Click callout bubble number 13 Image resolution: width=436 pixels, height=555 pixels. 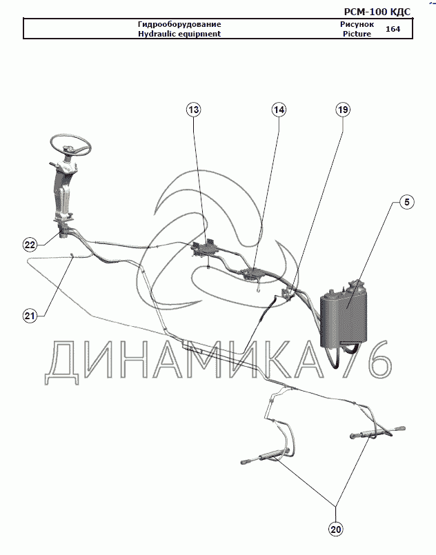(194, 110)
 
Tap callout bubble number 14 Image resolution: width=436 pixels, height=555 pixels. (279, 110)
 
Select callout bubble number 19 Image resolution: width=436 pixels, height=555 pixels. (343, 110)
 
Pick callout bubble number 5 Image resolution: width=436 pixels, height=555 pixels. (407, 202)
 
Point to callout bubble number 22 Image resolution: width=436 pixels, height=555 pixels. (30, 245)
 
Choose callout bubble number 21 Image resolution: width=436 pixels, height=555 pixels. (30, 315)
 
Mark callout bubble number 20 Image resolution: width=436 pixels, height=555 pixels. (335, 529)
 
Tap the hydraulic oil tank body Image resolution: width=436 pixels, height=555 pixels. (344, 316)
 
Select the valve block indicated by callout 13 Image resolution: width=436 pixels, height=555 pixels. (205, 248)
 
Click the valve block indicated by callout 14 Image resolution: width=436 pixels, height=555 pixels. (253, 274)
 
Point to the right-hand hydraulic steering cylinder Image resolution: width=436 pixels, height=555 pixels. (377, 432)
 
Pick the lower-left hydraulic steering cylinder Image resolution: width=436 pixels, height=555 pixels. (266, 456)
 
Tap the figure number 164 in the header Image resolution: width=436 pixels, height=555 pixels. (393, 29)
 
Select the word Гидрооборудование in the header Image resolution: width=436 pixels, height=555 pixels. (179, 24)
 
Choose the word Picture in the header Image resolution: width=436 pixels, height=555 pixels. (357, 34)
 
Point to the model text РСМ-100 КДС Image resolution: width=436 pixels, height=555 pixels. (377, 12)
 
